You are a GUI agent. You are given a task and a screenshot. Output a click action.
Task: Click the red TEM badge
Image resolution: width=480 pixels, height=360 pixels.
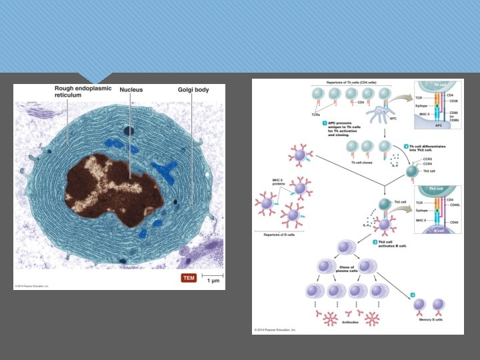tap(189, 277)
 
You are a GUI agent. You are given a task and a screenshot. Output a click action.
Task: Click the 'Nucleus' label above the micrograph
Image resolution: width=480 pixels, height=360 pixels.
tap(131, 89)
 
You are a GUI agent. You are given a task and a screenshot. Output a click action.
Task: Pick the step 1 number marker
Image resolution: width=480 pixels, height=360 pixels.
tap(324, 123)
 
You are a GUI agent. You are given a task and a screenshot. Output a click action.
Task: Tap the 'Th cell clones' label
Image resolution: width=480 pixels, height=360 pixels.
tap(362, 162)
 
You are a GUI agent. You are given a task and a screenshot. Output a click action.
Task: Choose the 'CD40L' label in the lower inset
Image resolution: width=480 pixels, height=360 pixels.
tap(455, 205)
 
